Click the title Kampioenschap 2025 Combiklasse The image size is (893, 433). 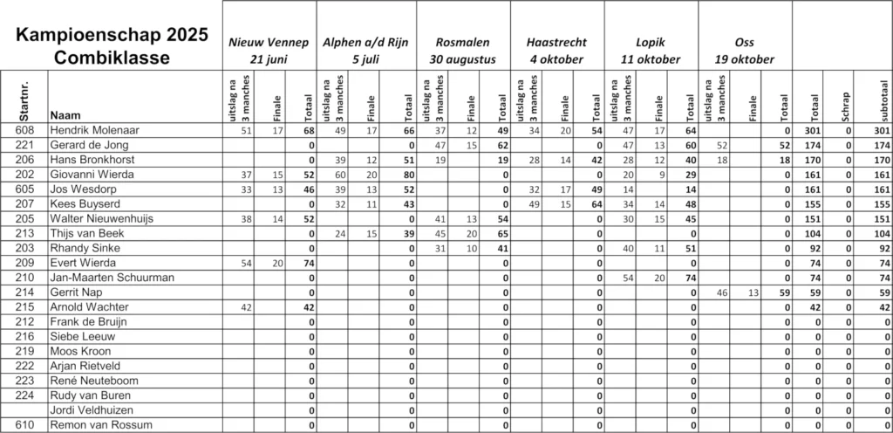coord(111,46)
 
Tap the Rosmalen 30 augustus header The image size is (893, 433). coord(462,51)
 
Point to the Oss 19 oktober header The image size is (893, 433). coord(744,51)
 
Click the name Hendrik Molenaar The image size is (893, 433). coord(96,130)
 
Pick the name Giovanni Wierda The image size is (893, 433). coord(92,174)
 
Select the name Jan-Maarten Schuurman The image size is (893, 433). coord(112,278)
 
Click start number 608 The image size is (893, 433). coord(24,130)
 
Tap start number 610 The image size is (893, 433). coord(24,425)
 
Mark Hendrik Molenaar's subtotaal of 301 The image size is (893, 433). coord(879,130)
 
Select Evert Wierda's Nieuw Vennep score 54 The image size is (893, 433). coord(246,263)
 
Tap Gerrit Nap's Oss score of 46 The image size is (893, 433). coord(722,292)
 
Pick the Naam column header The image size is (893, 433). coord(65,115)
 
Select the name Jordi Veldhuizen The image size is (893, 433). coord(92,410)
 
